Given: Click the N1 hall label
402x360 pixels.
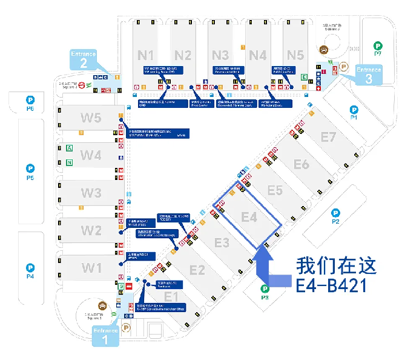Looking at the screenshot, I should [147, 55].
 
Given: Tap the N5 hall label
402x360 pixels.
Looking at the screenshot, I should [295, 55].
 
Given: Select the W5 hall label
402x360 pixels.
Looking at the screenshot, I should [91, 118].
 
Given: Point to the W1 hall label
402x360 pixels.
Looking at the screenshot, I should [92, 267].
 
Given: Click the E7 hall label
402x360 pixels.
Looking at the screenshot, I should [328, 138].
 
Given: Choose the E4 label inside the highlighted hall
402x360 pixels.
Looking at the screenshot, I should [249, 216].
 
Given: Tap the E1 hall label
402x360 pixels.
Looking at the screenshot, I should [172, 296].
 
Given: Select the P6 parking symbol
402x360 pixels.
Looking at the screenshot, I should [30, 100].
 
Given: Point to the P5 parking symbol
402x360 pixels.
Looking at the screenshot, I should [31, 168].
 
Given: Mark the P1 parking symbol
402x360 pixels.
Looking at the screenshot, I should [354, 110].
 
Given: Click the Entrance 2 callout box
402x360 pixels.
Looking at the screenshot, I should [84, 59].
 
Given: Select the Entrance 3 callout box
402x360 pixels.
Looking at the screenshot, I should [368, 74].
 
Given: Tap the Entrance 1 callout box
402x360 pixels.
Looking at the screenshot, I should [105, 335].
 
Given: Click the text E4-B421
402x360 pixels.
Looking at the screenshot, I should [331, 284].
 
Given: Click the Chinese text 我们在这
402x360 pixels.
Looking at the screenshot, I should [336, 265].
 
